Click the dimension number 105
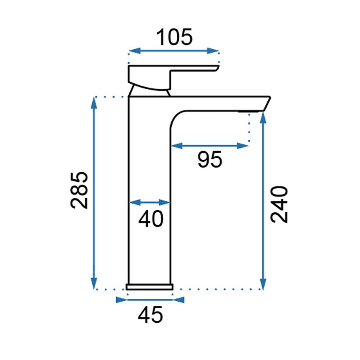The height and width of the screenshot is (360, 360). (x=174, y=37)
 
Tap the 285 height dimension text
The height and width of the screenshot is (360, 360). (x=79, y=190)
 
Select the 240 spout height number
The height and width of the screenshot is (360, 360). (x=279, y=204)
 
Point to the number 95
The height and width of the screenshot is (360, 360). (x=210, y=159)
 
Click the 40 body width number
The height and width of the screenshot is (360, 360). (x=151, y=219)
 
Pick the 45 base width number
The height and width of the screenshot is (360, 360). (x=150, y=315)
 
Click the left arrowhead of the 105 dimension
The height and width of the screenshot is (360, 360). (x=134, y=51)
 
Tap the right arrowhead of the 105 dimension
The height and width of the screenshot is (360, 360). (x=213, y=51)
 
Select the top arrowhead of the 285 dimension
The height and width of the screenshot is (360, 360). (x=94, y=103)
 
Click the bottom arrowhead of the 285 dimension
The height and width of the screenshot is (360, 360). (x=94, y=283)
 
